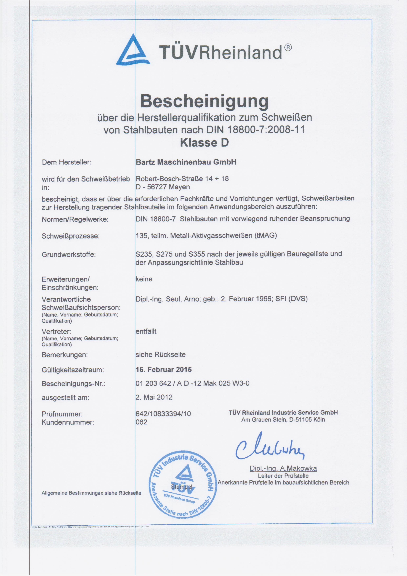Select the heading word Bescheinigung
204,101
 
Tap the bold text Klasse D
204,143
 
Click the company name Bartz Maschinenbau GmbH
186,162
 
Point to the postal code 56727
157,187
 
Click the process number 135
141,236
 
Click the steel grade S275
164,254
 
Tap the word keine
144,279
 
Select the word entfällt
146,331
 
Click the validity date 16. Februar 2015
164,370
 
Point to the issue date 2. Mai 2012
154,397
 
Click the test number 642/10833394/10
163,414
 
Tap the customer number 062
141,422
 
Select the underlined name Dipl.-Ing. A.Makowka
283,468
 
